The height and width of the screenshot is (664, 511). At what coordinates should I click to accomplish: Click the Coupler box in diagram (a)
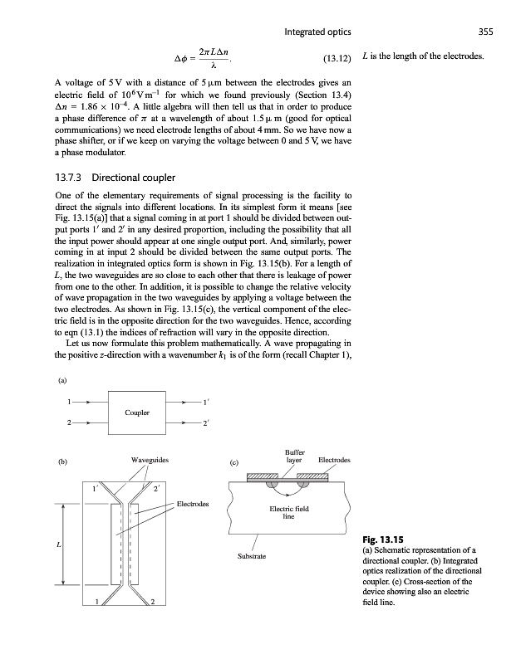[x=137, y=413]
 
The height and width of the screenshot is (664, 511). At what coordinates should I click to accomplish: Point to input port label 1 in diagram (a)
[x=68, y=403]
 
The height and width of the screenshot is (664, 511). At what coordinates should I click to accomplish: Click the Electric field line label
[x=288, y=513]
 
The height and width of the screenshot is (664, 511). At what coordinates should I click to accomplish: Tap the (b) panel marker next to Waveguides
[x=62, y=459]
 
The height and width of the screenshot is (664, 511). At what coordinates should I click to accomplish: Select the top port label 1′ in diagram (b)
[x=96, y=488]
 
